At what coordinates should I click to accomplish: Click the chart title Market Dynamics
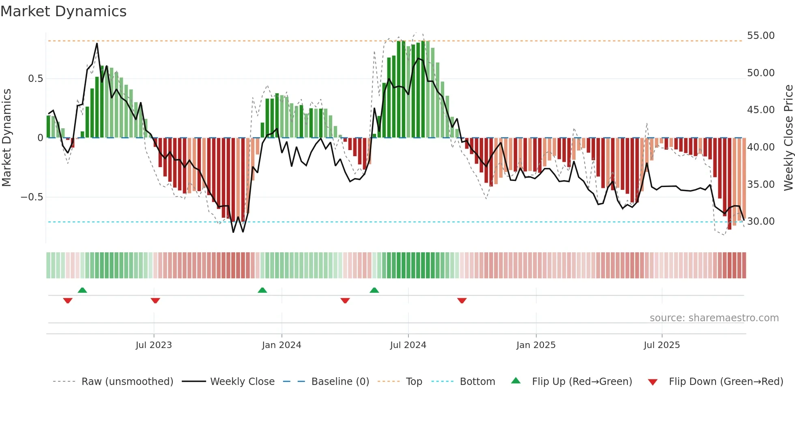[63, 11]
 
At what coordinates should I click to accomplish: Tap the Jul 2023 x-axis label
[154, 345]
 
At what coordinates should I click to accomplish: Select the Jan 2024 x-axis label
[281, 345]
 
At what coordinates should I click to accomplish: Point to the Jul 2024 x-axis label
[408, 345]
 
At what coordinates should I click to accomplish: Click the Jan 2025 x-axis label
[536, 345]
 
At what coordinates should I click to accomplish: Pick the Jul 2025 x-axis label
[662, 345]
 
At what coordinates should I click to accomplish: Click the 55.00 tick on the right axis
[761, 36]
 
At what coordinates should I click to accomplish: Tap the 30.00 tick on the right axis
[761, 221]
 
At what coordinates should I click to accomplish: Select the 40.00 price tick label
[761, 147]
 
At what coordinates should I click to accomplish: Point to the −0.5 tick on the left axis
[32, 197]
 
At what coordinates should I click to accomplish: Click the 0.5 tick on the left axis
[35, 79]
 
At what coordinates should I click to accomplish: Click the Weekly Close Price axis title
[788, 138]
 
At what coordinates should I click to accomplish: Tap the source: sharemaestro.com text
[714, 318]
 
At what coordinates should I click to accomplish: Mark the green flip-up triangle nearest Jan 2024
[262, 290]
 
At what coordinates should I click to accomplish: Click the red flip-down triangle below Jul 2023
[155, 301]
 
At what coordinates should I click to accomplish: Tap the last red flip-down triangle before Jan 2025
[462, 301]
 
